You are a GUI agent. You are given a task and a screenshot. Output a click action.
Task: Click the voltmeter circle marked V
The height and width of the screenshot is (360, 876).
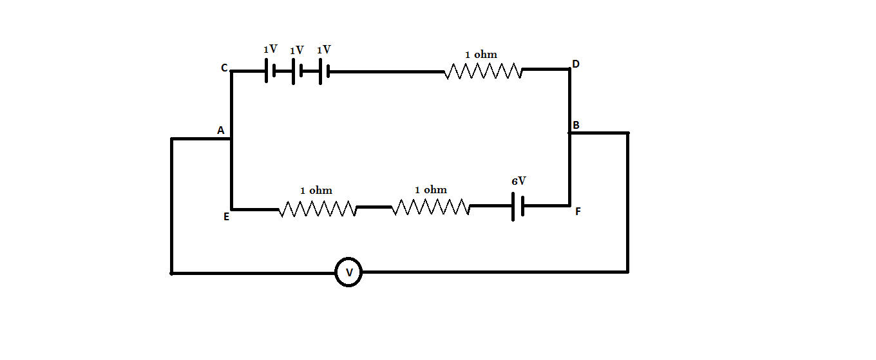tap(348, 272)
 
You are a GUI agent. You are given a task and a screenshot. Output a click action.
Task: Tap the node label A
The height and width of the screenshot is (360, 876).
tap(220, 131)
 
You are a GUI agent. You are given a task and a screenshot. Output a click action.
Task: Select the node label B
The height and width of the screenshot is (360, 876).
tap(576, 125)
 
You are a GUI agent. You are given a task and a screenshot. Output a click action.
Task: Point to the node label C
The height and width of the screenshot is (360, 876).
tap(224, 68)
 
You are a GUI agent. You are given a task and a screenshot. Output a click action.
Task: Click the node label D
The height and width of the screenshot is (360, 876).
tap(575, 64)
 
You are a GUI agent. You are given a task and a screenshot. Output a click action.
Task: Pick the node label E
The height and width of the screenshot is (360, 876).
tap(226, 217)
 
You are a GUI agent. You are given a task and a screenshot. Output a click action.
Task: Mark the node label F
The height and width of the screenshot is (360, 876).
tap(577, 211)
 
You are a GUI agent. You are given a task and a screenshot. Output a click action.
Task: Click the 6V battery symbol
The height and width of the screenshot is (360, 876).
tap(518, 206)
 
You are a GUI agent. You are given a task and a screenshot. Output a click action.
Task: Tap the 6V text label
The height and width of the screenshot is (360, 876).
tap(519, 182)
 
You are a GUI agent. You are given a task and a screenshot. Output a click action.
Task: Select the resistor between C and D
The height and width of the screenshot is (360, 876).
tap(483, 71)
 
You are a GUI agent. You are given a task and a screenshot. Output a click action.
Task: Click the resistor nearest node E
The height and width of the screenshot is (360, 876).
tap(318, 209)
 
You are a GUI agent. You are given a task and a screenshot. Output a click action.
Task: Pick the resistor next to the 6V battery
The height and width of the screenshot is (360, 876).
tap(430, 207)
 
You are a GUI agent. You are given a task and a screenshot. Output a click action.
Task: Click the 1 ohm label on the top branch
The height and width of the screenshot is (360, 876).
tap(481, 55)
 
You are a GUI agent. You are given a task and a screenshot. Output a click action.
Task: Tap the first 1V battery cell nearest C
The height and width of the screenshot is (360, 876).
tap(270, 71)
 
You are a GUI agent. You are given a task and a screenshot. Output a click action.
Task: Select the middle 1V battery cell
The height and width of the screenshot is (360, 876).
tap(297, 71)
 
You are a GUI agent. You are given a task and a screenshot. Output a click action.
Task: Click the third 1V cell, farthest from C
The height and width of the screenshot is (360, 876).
tap(324, 71)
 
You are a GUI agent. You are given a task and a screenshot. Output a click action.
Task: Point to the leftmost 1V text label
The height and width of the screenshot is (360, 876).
tap(270, 50)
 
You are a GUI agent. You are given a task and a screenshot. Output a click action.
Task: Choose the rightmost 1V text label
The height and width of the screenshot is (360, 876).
tap(323, 50)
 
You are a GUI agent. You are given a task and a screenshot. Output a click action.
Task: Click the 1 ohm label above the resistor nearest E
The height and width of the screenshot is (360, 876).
tap(316, 191)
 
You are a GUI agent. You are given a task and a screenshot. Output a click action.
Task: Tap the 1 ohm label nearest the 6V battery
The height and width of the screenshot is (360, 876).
tap(430, 190)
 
